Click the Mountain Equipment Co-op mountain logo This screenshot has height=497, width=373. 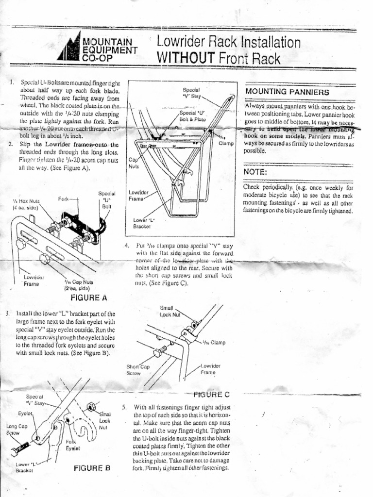[x=68, y=48]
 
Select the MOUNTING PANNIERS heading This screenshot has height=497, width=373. [x=288, y=92]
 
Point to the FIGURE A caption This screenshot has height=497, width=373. [x=88, y=297]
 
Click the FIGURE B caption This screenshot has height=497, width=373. [x=92, y=468]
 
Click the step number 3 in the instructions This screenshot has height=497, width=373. [x=7, y=314]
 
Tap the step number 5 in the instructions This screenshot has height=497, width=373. [x=124, y=407]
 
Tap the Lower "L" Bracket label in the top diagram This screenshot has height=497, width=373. [x=143, y=223]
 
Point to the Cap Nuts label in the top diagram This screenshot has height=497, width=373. [x=134, y=163]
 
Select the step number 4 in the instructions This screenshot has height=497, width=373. [x=126, y=246]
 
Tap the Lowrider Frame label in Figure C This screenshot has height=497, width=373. [x=211, y=369]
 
